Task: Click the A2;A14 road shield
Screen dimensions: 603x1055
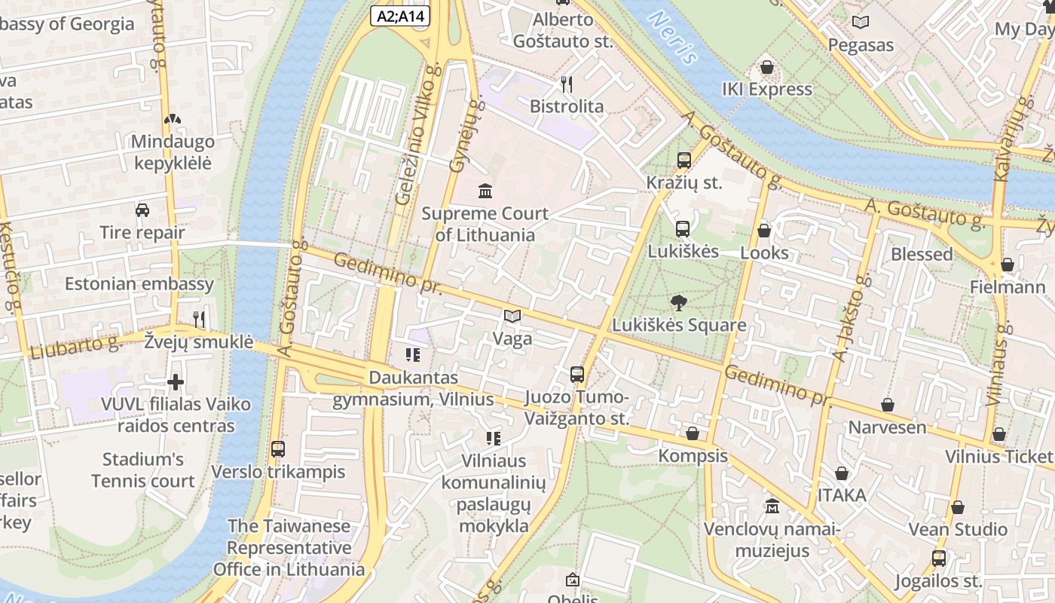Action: pos(400,15)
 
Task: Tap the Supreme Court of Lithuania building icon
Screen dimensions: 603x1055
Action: pos(485,190)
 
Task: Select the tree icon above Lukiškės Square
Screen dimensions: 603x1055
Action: pos(678,302)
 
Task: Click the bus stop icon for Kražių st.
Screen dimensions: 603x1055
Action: pos(683,160)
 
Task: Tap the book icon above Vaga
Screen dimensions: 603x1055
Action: pos(512,316)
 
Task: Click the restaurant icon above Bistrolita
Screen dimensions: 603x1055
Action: pos(567,84)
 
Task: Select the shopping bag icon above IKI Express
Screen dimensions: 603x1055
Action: pos(767,67)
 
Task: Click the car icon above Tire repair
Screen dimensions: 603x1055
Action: pos(142,210)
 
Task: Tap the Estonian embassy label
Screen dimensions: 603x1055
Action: pos(139,284)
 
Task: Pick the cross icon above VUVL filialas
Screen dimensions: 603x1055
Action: pos(176,382)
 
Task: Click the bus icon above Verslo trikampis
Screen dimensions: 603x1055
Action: pos(277,449)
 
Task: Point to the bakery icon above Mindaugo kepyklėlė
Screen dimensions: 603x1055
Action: pos(173,119)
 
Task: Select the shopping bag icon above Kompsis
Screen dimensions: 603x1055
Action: pos(692,433)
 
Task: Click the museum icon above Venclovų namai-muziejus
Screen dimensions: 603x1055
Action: pos(772,507)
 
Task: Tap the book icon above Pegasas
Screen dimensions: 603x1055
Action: pos(861,23)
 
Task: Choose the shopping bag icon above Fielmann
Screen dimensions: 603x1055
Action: pos(1007,265)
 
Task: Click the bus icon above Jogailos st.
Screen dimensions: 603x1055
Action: pos(938,559)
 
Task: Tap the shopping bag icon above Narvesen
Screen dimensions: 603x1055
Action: pos(888,405)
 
